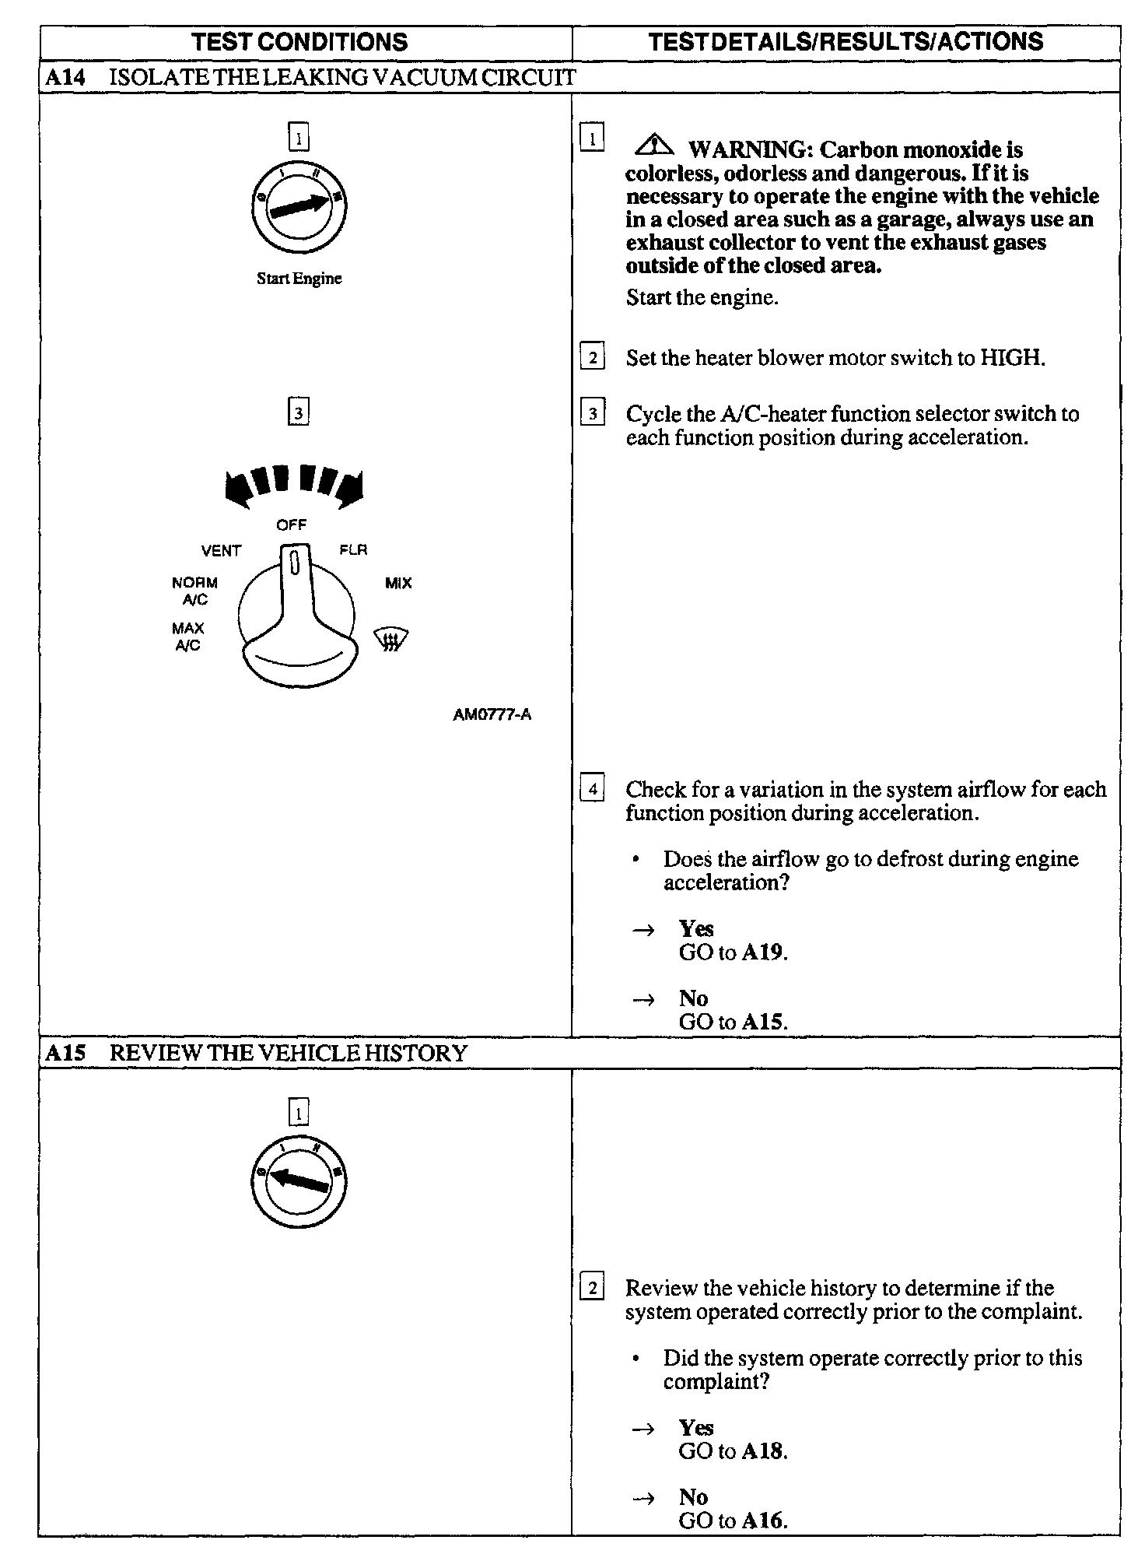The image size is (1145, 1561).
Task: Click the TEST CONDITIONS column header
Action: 299,42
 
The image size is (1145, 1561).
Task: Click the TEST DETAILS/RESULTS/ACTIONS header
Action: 846,42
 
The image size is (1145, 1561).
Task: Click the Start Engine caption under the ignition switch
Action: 299,279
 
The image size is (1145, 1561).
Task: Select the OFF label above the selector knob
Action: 292,525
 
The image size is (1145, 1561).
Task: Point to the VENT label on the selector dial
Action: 222,551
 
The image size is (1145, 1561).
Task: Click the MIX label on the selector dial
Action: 398,583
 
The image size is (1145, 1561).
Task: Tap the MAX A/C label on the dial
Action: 188,637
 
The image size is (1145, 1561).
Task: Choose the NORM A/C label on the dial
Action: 195,591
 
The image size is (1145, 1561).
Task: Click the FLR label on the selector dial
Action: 353,550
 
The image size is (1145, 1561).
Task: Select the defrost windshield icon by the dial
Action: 391,640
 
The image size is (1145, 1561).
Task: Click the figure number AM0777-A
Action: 492,714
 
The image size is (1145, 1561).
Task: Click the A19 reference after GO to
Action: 763,952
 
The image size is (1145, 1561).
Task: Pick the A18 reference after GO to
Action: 763,1451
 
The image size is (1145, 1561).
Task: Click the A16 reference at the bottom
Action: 763,1521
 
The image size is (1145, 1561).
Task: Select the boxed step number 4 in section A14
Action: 593,790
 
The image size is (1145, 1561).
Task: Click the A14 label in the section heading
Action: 65,77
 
